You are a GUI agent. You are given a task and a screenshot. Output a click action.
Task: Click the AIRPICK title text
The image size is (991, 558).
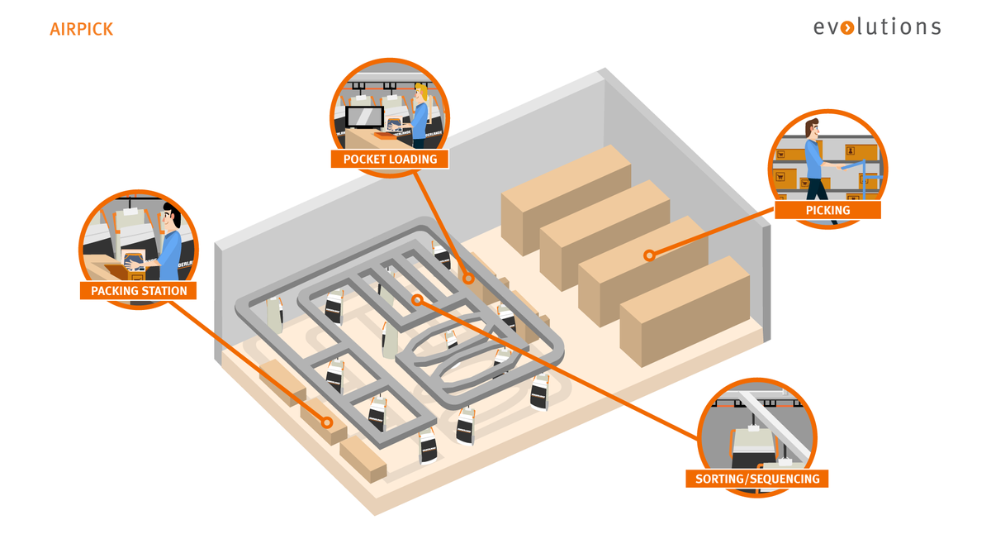[x=81, y=30]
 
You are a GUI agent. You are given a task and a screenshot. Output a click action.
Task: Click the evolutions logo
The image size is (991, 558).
[x=876, y=26]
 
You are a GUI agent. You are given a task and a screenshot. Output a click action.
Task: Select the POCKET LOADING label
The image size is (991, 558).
[x=389, y=159]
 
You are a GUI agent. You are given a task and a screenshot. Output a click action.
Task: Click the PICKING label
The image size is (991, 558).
[x=827, y=210]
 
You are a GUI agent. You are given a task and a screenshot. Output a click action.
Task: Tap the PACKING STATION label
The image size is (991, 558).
[x=139, y=290]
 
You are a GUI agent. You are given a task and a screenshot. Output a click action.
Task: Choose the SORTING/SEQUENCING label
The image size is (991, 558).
[x=756, y=479]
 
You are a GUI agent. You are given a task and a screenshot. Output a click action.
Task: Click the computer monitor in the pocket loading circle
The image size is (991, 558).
[x=364, y=117]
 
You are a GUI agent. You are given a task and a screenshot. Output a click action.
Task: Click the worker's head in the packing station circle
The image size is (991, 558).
[x=171, y=217]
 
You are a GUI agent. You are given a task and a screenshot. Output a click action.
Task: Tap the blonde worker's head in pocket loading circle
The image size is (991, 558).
[x=422, y=93]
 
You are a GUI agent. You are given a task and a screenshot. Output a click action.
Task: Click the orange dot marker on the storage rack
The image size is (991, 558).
[x=649, y=255]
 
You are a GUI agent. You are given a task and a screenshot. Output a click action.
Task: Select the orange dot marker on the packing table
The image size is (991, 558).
[x=327, y=422]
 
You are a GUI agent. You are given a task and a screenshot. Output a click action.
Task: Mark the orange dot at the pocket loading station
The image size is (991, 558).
[x=468, y=279]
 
